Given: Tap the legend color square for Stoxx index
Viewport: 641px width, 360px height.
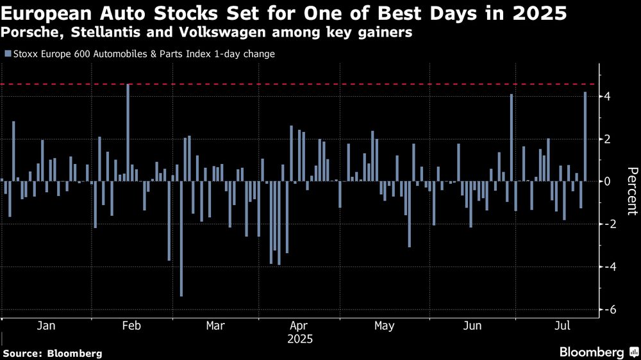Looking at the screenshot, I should pyautogui.click(x=7, y=54).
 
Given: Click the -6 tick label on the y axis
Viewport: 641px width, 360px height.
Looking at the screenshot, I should pyautogui.click(x=604, y=309).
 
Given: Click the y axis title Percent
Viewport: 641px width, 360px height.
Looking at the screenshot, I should pyautogui.click(x=632, y=190).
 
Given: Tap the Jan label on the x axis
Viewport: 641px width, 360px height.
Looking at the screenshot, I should pyautogui.click(x=46, y=326).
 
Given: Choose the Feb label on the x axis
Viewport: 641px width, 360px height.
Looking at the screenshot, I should pyautogui.click(x=131, y=326).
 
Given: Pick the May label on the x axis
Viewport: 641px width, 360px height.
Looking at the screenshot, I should pyautogui.click(x=384, y=326).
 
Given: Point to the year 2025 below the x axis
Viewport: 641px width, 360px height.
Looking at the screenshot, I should pyautogui.click(x=299, y=338).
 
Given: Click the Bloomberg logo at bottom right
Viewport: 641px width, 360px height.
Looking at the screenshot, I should pyautogui.click(x=592, y=352).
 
